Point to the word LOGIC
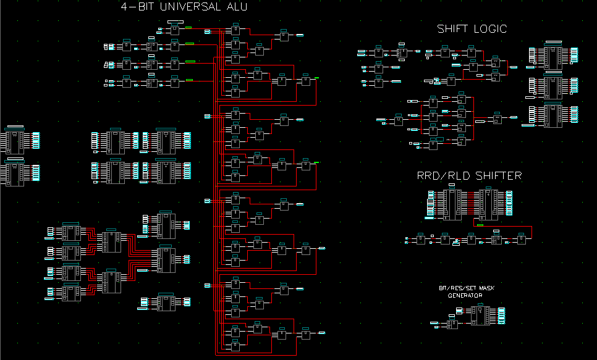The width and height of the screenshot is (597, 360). (x=491, y=28)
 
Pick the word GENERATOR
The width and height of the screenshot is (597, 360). (x=465, y=296)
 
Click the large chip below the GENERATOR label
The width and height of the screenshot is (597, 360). (x=480, y=316)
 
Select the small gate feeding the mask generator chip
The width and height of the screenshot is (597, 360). (x=452, y=324)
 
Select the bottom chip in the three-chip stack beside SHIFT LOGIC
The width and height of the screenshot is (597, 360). (x=553, y=115)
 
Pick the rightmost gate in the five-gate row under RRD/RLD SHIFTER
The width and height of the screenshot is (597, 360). (x=522, y=239)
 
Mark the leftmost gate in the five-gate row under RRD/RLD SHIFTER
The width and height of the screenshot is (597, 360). (x=420, y=239)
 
